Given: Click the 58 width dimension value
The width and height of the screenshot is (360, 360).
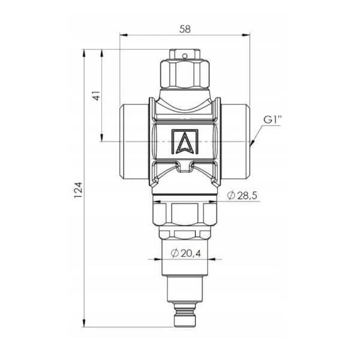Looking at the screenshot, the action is point(185,29).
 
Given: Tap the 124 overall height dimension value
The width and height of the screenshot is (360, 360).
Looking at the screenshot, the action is point(78,190).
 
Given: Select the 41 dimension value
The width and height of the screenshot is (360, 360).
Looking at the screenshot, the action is point(97,95).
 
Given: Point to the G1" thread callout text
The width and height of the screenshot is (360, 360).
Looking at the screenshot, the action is point(272,120).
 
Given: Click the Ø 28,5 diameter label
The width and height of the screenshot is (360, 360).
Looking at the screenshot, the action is point(242,196).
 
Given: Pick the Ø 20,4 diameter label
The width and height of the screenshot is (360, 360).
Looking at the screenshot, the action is point(186,253).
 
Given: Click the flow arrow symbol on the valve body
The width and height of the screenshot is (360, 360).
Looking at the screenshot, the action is point(185,142).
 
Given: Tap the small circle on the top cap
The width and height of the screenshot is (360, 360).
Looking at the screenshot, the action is point(184,56).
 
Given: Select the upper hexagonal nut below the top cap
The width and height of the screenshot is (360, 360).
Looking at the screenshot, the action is point(185,73).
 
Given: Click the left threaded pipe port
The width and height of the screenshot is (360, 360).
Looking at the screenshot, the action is point(134,142).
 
